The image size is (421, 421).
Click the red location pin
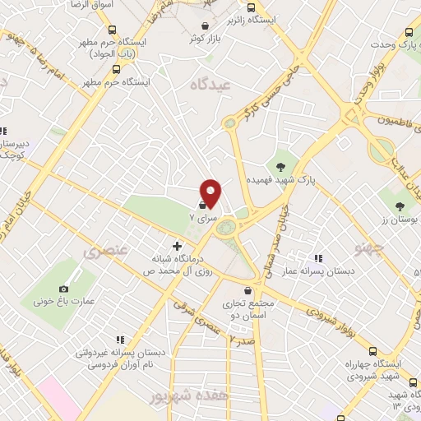[x=211, y=192]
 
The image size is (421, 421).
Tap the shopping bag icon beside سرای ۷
[x=202, y=206]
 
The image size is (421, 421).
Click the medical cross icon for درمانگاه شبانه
[x=177, y=246]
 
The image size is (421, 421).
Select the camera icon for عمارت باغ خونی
[x=63, y=289]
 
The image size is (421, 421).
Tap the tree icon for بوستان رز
[x=400, y=206]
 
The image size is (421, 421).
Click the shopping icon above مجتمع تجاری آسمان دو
[x=248, y=289]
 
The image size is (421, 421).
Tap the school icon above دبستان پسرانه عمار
[x=317, y=258]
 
